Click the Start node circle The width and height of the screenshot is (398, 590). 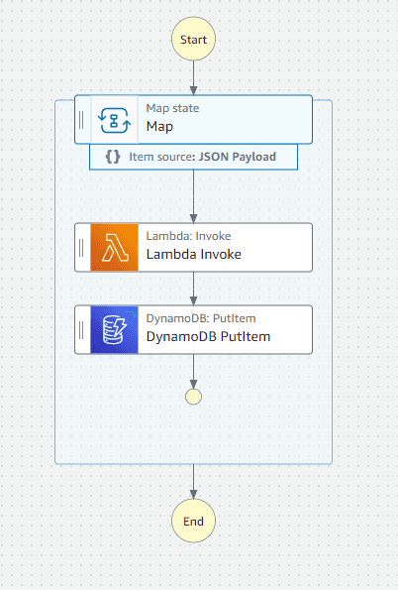pos(193,39)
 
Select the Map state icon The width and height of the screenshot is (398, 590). pos(115,120)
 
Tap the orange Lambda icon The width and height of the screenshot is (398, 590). pos(115,247)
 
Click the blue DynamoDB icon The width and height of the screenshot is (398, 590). pos(115,329)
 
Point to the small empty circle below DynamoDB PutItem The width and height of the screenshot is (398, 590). pos(193,397)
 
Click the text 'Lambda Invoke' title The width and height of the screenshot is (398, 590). pos(193,255)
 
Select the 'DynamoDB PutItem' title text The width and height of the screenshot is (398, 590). pos(208,337)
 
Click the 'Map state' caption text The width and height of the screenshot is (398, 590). pos(172,108)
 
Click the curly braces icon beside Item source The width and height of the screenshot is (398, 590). pos(113,157)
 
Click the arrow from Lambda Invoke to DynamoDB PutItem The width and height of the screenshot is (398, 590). pos(193,288)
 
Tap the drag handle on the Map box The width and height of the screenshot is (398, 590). pos(82,120)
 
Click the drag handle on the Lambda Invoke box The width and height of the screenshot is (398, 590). pos(82,247)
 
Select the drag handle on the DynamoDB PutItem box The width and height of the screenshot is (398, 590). pos(82,329)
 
